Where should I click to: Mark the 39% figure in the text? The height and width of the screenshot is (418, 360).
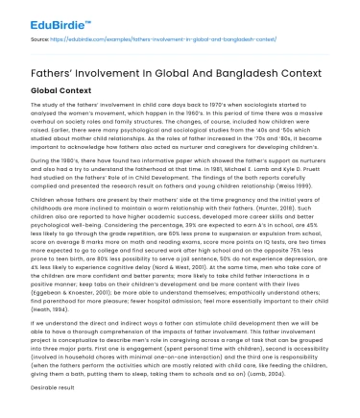197,225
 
